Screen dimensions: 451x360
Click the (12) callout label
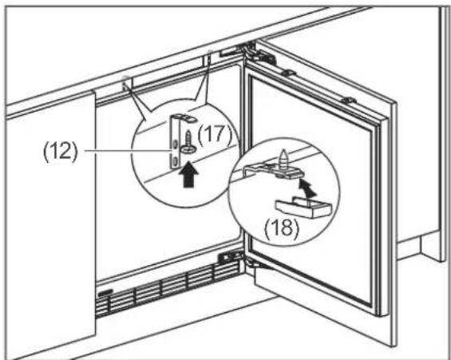coord(60,152)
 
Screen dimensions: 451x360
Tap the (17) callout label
coord(214,135)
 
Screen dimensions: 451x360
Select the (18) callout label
coord(282,228)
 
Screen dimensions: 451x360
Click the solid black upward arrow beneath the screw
coord(188,174)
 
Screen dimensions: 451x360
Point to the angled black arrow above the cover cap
coord(307,188)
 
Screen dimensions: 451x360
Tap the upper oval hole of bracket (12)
coord(175,144)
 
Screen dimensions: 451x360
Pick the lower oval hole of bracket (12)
coord(175,160)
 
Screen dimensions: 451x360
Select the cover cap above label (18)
coord(304,207)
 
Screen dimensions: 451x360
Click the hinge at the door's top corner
coord(259,53)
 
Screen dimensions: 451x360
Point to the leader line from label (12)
coord(127,150)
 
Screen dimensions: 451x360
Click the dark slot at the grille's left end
coord(105,293)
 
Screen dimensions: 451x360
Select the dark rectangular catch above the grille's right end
coord(229,256)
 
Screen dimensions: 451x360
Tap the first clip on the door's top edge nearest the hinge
coord(288,73)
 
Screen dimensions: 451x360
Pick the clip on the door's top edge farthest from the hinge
coord(348,100)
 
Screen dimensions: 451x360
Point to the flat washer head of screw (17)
coord(188,149)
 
